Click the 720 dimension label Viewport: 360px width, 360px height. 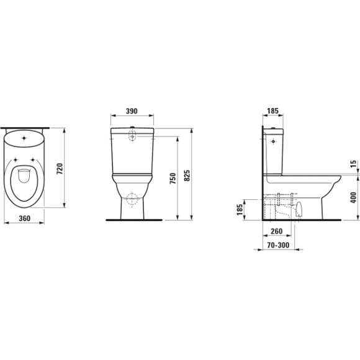tap(60, 169)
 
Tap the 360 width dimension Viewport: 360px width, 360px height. tap(25, 218)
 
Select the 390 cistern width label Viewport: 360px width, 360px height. tap(132, 111)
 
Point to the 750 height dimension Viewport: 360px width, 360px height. tap(173, 178)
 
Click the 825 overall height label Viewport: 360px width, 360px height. tap(187, 176)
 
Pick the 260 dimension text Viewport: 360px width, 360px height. tap(277, 232)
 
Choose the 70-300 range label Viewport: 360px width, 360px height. tap(278, 245)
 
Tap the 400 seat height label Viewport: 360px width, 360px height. tap(354, 197)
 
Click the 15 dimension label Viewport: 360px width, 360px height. tap(354, 163)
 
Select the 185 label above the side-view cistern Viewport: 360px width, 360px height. tap(272, 111)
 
